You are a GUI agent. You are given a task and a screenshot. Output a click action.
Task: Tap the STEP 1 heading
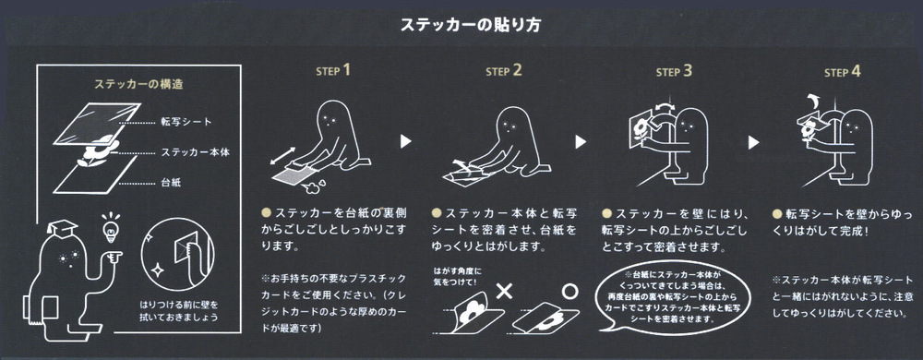[333, 70]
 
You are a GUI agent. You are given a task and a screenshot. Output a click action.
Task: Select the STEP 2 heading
[504, 71]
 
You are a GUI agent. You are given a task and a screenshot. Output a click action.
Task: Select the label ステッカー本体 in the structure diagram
[196, 152]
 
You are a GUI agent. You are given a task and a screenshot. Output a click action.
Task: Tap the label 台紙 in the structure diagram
[171, 183]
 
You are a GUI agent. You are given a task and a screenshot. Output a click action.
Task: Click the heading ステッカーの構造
[139, 84]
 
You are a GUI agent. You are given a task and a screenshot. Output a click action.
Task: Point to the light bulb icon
[111, 226]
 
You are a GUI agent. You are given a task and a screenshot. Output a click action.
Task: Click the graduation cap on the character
[62, 228]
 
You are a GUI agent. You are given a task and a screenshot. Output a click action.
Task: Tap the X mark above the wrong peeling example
[504, 291]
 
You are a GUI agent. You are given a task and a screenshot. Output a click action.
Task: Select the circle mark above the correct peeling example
[569, 291]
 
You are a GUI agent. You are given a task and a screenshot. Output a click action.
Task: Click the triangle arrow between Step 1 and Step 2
[405, 141]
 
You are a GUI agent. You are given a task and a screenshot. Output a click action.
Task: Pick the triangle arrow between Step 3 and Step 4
[753, 142]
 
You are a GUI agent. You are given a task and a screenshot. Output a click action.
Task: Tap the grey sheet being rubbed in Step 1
[294, 174]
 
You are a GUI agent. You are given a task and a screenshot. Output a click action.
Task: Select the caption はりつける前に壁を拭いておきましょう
[179, 312]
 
